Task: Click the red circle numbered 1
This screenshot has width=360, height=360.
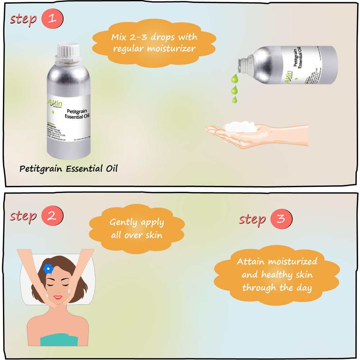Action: (52, 18)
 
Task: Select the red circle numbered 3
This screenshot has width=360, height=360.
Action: (281, 219)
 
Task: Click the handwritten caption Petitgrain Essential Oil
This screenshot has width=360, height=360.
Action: (68, 168)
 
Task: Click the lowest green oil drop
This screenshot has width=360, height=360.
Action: (234, 99)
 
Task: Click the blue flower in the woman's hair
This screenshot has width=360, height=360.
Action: (48, 268)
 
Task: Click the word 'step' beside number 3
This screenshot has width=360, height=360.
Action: (252, 219)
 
